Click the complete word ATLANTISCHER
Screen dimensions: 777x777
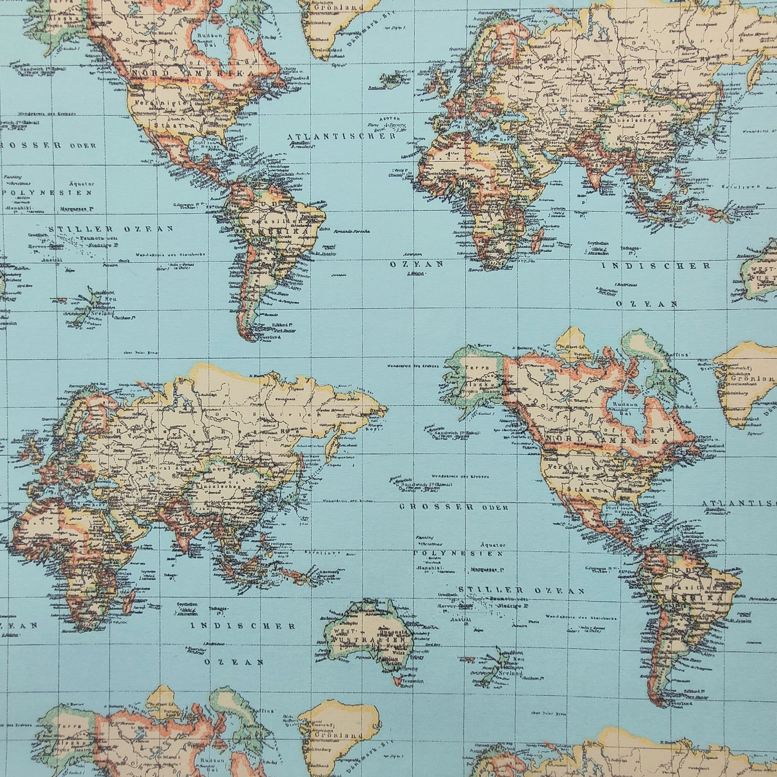(341, 136)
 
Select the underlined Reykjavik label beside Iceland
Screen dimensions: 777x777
(376, 88)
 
